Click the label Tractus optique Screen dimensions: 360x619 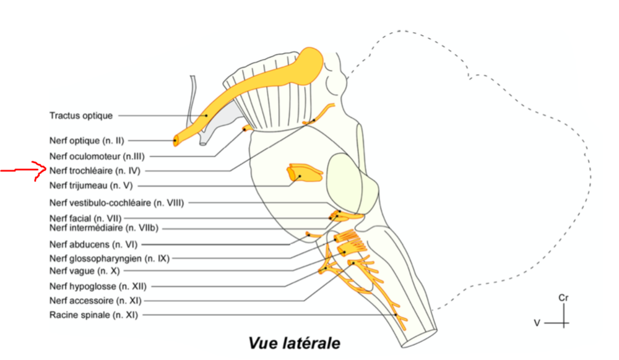pyautogui.click(x=81, y=116)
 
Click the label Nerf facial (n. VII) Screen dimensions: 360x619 pyautogui.click(x=85, y=218)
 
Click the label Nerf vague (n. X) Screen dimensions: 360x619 pyautogui.click(x=80, y=271)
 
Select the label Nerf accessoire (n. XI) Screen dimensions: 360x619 pyautogui.click(x=96, y=301)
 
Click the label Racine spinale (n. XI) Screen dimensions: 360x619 pyautogui.click(x=93, y=315)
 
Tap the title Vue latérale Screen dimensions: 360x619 pyautogui.click(x=294, y=342)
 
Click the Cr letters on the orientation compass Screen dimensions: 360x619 pyautogui.click(x=563, y=298)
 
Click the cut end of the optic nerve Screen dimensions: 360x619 pyautogui.click(x=176, y=140)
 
